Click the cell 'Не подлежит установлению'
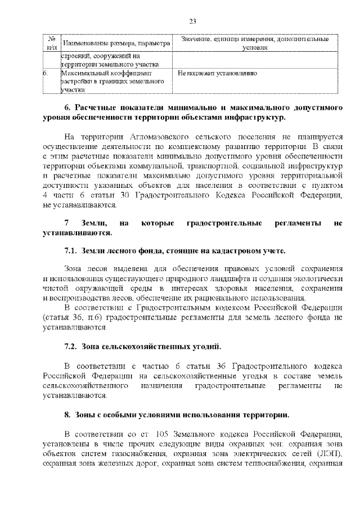pyautogui.click(x=217, y=73)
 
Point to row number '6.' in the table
pyautogui.click(x=47, y=73)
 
